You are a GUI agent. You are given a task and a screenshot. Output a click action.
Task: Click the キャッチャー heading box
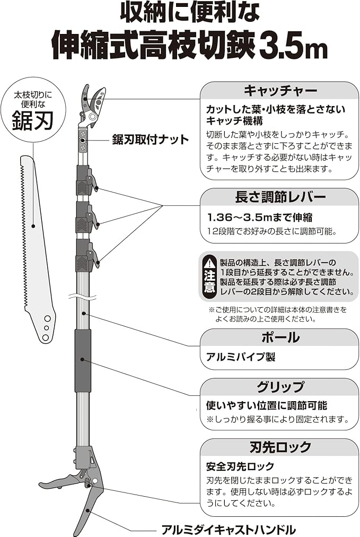(x=279, y=91)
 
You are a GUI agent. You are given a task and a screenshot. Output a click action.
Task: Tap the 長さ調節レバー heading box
(x=279, y=197)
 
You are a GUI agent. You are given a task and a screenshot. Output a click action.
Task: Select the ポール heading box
(x=279, y=337)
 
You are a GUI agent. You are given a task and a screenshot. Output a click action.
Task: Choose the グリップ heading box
(x=279, y=387)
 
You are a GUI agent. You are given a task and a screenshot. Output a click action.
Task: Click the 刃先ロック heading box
(x=279, y=447)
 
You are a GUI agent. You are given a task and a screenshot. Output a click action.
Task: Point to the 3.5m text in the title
(x=294, y=47)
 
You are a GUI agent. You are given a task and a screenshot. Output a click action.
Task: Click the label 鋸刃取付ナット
(x=150, y=140)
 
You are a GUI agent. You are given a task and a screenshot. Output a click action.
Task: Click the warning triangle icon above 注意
(x=210, y=263)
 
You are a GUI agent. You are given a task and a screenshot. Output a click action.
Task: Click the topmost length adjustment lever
(x=87, y=180)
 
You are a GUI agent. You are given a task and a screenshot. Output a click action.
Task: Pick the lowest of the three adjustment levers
(x=87, y=256)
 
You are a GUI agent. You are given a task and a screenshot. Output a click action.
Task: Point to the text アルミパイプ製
(x=241, y=357)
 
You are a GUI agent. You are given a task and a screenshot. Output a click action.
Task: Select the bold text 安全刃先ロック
(x=240, y=466)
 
